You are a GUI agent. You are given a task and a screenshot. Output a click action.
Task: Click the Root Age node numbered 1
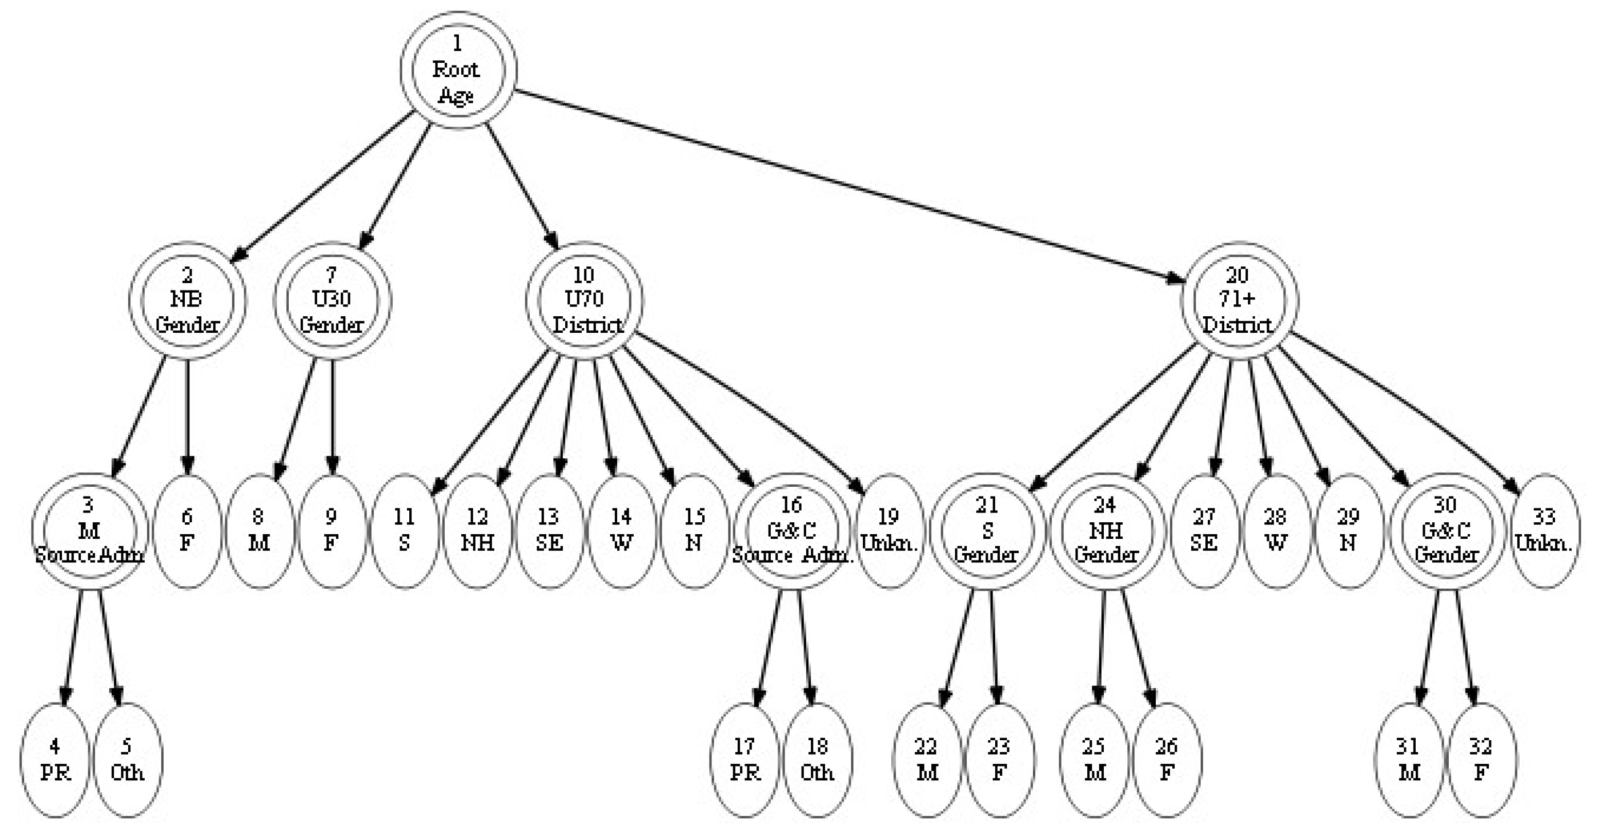click(457, 70)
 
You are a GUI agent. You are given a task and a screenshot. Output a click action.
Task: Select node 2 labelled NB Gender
click(187, 300)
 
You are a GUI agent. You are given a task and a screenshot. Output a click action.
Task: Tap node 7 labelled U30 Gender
click(332, 300)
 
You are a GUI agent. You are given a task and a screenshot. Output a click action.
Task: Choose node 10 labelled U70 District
click(584, 300)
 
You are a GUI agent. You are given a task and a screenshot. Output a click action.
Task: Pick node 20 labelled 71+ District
click(1238, 300)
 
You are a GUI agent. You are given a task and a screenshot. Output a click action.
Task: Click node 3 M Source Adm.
click(90, 531)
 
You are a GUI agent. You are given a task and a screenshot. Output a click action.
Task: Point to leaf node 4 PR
click(55, 760)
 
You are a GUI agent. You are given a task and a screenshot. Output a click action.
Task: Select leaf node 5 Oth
click(127, 760)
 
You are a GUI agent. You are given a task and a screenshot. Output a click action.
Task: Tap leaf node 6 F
click(187, 531)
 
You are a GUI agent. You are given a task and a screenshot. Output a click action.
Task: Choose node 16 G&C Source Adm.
click(792, 531)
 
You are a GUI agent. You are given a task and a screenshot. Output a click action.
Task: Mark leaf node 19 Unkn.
click(889, 531)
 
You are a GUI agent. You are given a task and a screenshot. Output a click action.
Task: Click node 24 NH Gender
click(1106, 531)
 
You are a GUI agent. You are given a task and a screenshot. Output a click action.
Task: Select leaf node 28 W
click(1276, 531)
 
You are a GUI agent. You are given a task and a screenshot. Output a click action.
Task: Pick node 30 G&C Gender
click(1446, 531)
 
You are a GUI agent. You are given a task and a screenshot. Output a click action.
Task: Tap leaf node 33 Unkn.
click(1544, 531)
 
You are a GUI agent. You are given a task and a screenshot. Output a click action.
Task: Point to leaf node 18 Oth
click(817, 760)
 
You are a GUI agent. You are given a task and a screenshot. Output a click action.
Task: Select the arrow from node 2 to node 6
click(187, 416)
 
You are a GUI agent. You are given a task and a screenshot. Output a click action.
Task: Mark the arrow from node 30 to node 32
click(1465, 645)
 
